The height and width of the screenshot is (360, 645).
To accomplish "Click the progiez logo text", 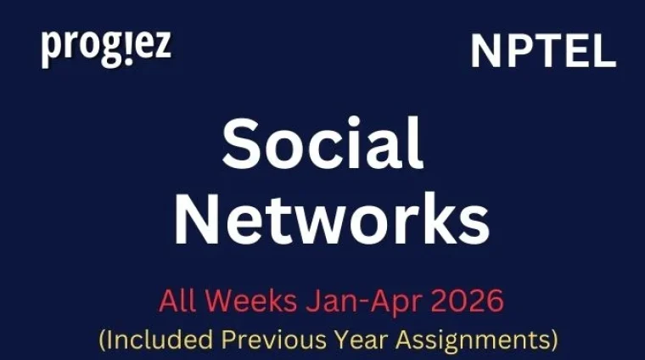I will coord(105,48).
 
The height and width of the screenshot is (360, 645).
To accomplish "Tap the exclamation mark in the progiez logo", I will coord(130,48).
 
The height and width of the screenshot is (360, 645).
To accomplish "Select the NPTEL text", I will coord(543,53).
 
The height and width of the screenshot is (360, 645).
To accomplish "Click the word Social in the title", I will coord(322,144).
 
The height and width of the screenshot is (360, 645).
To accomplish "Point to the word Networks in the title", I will coord(332,218).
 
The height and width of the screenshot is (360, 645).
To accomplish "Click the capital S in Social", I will coord(241,144).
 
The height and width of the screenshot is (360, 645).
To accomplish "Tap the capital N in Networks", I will coord(196,218).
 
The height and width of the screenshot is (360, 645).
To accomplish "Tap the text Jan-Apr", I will coord(356,301).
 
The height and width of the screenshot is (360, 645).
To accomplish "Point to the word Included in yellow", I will coord(158,340).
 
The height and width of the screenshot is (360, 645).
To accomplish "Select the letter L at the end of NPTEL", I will coord(603,53).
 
